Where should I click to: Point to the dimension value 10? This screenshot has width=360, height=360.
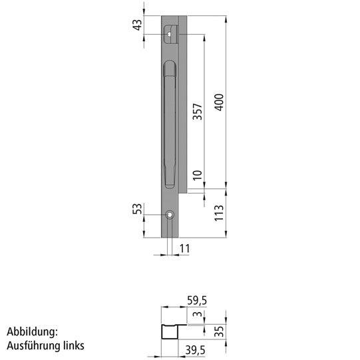196,176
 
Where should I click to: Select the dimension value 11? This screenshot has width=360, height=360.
185,248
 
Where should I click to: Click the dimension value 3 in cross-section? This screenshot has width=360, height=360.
196,315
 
